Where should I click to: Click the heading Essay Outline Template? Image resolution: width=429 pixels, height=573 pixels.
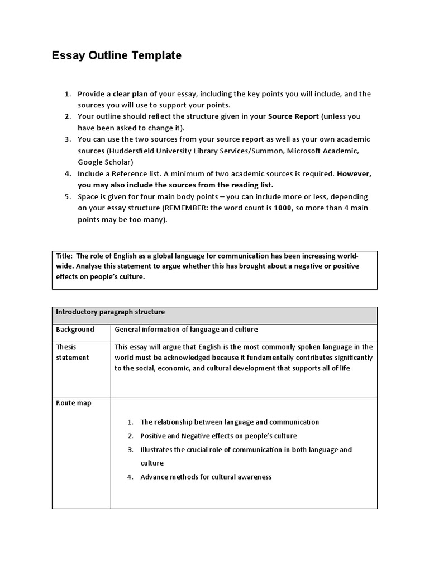117,55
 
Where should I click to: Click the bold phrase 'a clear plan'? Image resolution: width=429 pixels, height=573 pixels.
127,94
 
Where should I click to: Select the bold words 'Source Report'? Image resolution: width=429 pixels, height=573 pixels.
293,116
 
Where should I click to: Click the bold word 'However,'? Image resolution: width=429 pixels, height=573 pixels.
354,173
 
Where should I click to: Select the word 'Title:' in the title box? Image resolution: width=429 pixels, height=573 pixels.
64,255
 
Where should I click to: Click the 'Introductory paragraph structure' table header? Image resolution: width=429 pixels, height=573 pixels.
110,312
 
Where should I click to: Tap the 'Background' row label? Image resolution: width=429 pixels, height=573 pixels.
75,330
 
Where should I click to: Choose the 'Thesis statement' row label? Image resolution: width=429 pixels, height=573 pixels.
72,352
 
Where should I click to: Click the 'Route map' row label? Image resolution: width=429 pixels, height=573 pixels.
73,403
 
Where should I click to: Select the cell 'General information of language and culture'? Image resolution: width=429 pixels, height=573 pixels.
186,330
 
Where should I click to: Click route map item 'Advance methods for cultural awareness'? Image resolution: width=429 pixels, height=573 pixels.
206,477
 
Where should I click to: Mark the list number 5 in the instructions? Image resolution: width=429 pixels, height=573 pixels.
67,197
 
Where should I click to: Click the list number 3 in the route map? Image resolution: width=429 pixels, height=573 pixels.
130,449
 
